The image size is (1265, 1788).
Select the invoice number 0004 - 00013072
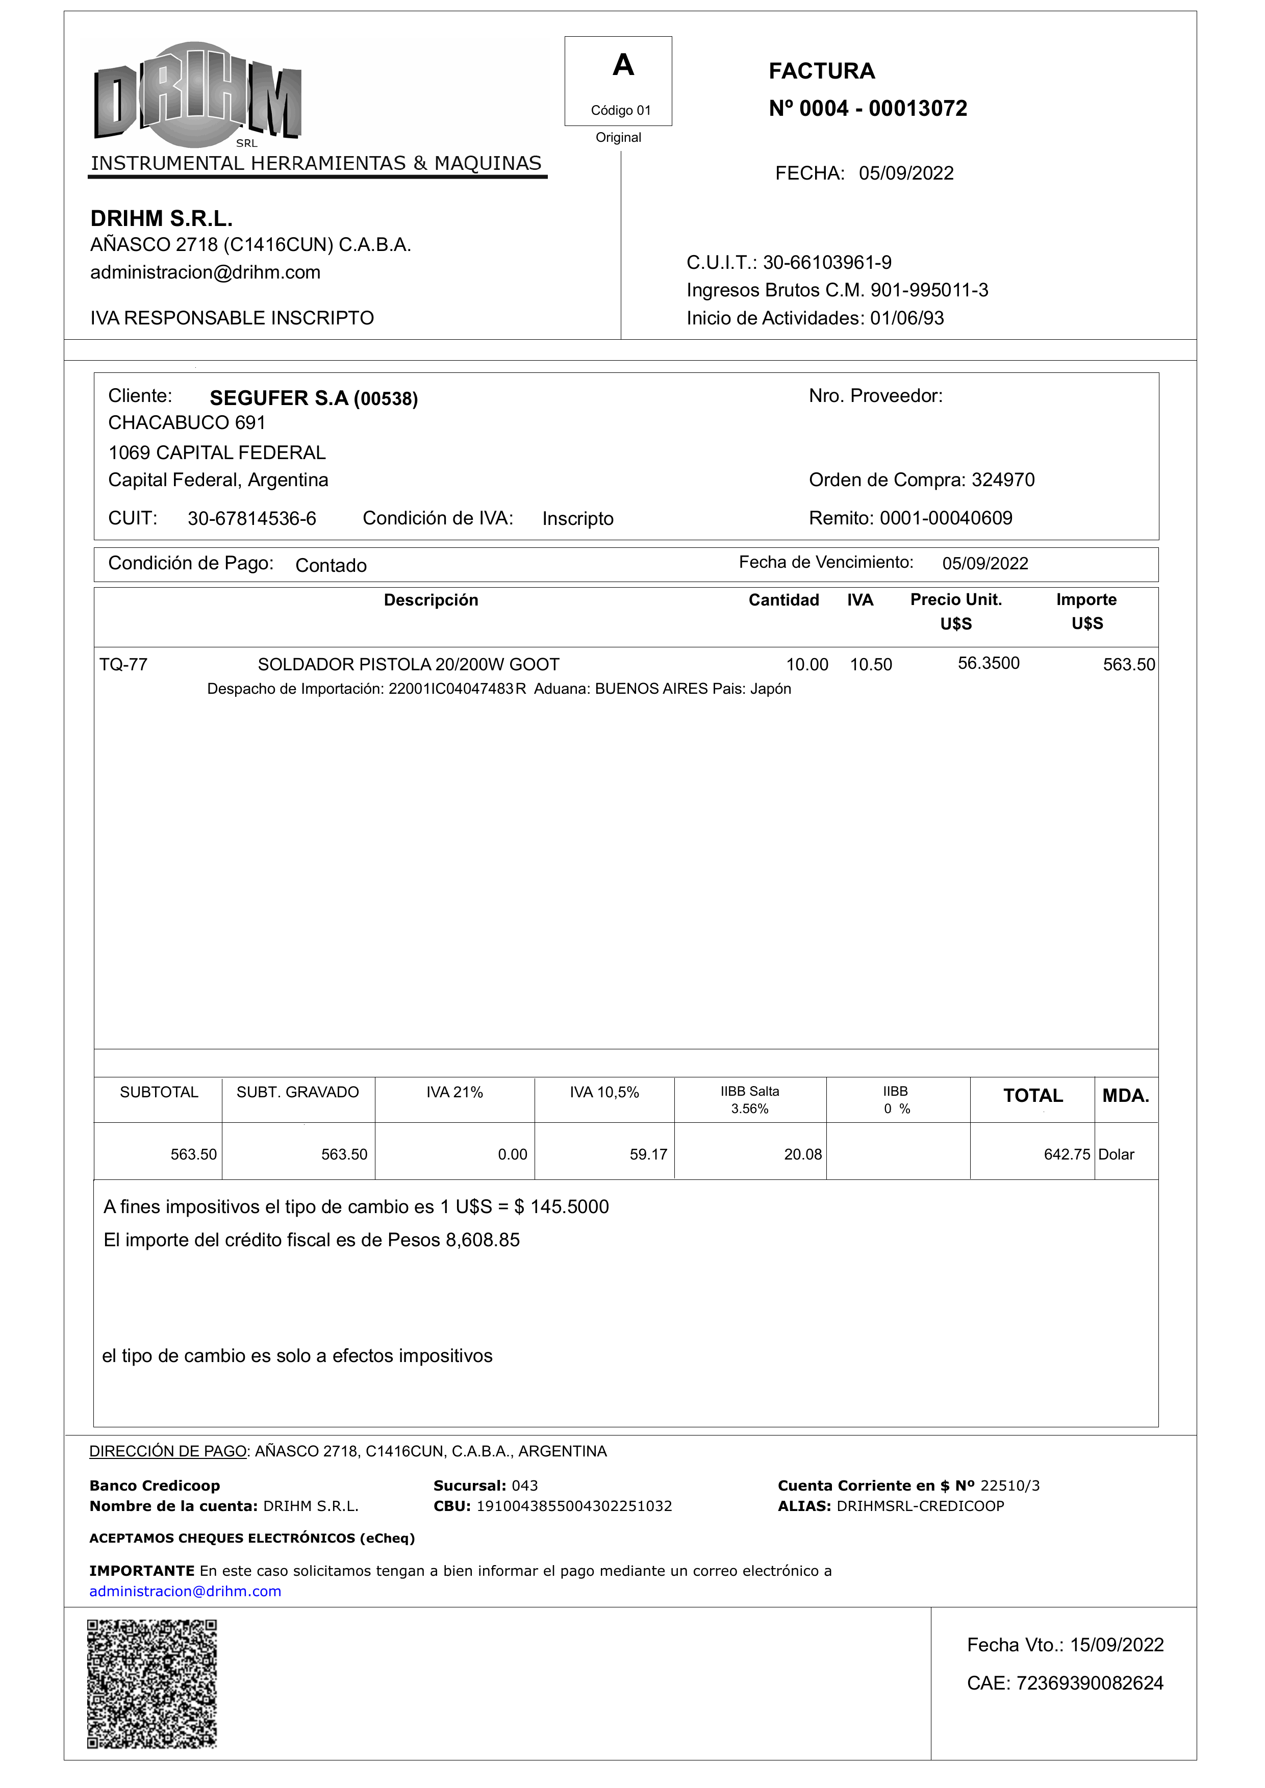tap(882, 108)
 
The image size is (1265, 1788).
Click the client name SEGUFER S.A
tap(279, 398)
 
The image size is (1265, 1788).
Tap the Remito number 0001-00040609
tap(946, 518)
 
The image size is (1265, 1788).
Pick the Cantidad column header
tap(783, 600)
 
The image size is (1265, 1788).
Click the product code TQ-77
tap(123, 665)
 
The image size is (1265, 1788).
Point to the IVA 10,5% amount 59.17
tap(648, 1154)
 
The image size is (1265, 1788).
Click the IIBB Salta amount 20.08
tap(802, 1154)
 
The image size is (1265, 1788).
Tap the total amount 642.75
tap(1067, 1154)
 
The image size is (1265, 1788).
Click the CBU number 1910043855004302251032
tap(573, 1506)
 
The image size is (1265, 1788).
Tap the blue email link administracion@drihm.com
tap(185, 1591)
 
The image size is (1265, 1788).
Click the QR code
tap(152, 1683)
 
